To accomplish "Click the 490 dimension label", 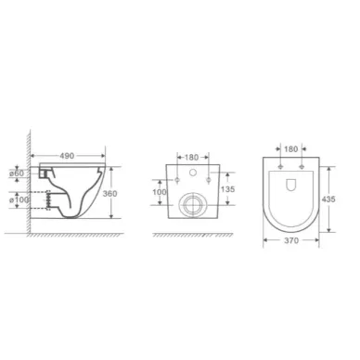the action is tap(67, 156).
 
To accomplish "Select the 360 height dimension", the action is tap(109, 194).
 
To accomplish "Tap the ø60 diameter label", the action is tap(17, 174).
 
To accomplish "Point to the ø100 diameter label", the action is tap(19, 199).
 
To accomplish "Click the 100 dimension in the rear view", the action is tap(160, 192).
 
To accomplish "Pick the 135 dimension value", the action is tap(227, 189).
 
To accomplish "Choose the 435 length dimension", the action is tap(328, 199).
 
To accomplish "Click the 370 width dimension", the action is tap(291, 240).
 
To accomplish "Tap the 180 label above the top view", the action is tap(290, 149).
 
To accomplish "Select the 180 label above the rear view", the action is tap(191, 158).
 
